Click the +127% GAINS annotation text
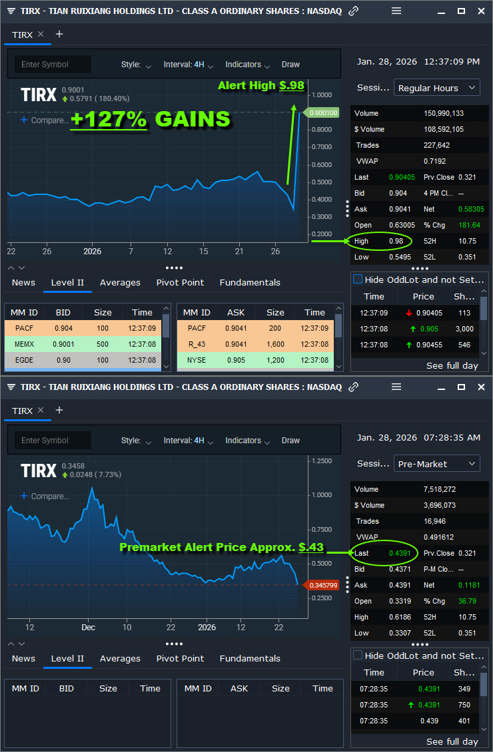pos(151,119)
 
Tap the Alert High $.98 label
pos(260,85)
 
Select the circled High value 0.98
pos(396,241)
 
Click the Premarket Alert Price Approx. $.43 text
pos(221,547)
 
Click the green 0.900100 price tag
pos(323,113)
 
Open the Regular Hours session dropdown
pos(436,88)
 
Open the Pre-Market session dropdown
pos(436,464)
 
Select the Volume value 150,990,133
pos(444,113)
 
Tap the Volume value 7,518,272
pos(439,489)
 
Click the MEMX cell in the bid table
pos(24,344)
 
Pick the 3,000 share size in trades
pos(464,329)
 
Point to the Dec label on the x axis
pos(89,627)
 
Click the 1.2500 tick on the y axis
pos(322,461)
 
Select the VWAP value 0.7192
pos(434,161)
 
